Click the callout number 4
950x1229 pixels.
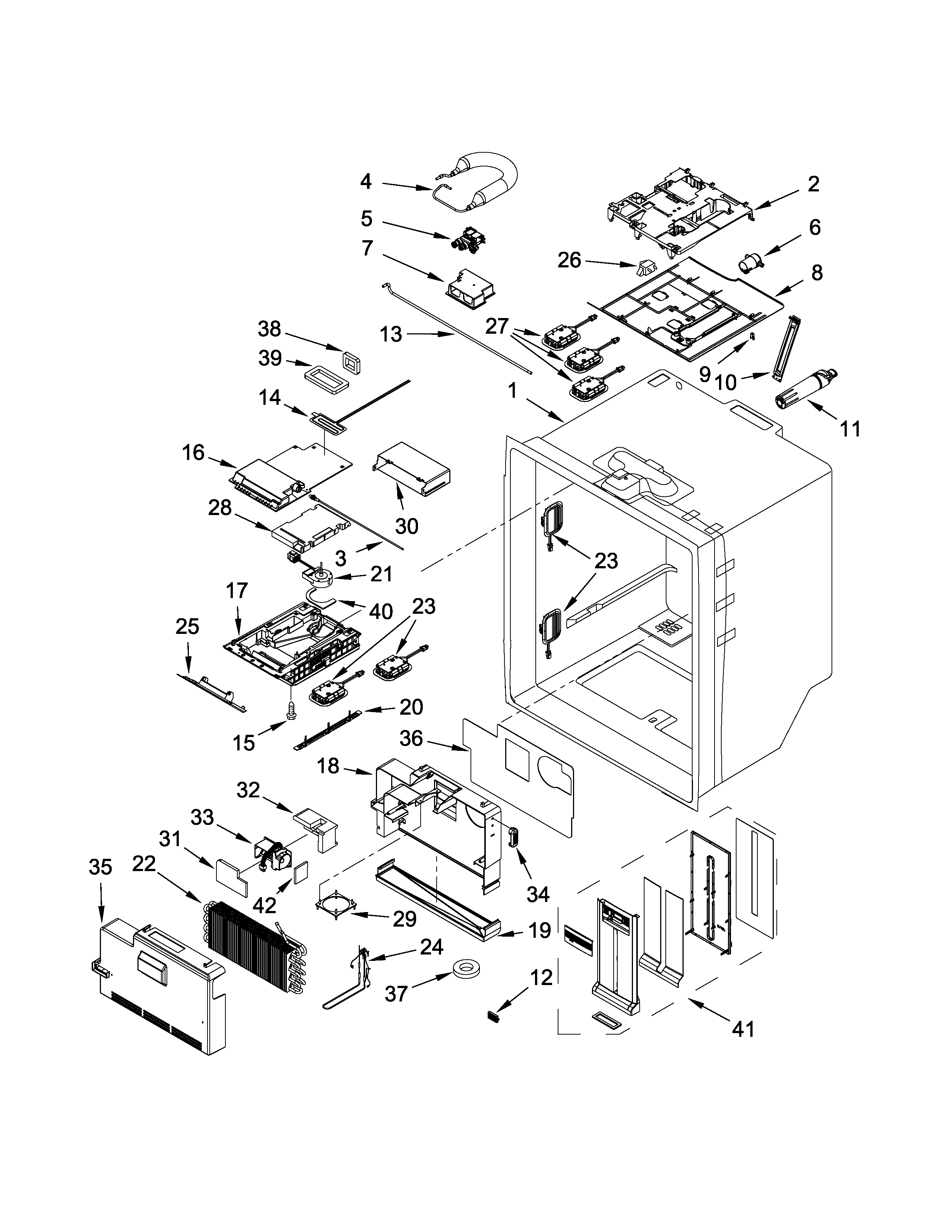pyautogui.click(x=366, y=181)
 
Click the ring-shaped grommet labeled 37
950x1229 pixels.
pyautogui.click(x=465, y=969)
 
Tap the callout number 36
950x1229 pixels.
pyautogui.click(x=411, y=738)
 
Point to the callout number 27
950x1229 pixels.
pyautogui.click(x=497, y=326)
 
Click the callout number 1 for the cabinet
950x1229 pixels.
pyautogui.click(x=512, y=390)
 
